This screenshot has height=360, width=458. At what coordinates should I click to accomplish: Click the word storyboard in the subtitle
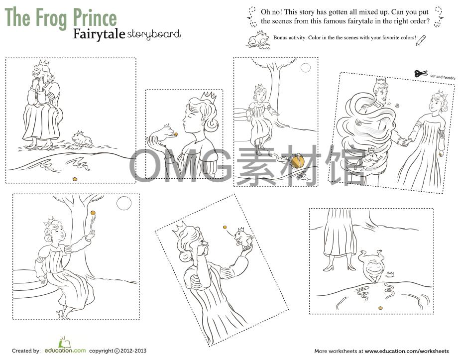[154, 34]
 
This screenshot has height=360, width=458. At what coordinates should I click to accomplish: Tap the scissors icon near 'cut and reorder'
[421, 73]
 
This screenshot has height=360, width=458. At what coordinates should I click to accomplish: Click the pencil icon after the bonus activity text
[421, 39]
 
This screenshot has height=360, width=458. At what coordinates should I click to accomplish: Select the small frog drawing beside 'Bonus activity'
[257, 39]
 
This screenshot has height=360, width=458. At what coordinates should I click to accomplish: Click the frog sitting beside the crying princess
[82, 139]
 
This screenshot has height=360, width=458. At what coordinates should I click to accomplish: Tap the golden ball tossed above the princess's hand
[92, 213]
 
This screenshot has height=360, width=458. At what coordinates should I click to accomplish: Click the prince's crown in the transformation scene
[381, 80]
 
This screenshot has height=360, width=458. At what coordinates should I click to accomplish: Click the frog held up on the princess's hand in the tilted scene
[242, 238]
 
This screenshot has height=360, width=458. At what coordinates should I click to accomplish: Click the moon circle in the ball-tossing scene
[123, 203]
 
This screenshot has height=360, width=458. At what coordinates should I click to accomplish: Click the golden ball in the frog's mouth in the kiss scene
[175, 134]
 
